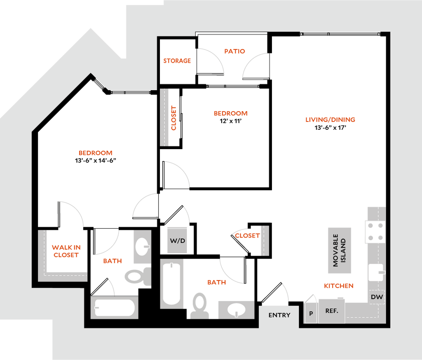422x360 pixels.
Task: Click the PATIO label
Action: coord(234,51)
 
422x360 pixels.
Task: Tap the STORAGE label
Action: coord(177,61)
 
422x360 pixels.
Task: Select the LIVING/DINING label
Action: coord(330,120)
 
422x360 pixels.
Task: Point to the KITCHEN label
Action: coord(338,286)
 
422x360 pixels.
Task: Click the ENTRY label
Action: coord(279,315)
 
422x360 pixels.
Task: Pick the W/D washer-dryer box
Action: coord(178,240)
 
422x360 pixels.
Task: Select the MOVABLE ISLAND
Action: coord(340,250)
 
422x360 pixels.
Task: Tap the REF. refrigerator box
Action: coord(332,311)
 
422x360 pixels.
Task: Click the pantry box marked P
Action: coord(311,313)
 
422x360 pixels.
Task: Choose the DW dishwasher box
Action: coord(377,297)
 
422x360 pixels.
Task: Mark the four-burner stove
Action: coord(375,231)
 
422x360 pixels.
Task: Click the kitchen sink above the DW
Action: coord(376,272)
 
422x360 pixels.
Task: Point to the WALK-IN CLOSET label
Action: coord(66,251)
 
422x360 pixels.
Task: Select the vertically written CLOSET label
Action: coord(174,118)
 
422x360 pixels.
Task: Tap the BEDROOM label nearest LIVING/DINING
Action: coord(231,113)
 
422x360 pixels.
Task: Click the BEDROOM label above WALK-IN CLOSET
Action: coord(95,153)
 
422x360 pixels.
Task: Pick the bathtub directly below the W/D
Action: coord(172,283)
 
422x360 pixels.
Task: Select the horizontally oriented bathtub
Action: coord(115,308)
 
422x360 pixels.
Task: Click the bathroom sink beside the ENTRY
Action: coord(237,309)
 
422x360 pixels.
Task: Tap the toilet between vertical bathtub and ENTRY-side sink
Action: coord(199,306)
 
